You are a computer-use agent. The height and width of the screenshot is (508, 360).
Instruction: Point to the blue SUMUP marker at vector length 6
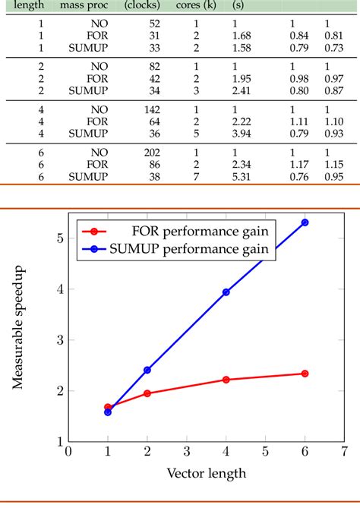[305, 222]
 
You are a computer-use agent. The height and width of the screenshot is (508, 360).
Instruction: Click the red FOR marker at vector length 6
[305, 374]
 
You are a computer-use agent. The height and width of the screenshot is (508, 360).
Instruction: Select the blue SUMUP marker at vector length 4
[226, 292]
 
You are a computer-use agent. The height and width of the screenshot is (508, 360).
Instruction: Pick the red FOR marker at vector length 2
[147, 393]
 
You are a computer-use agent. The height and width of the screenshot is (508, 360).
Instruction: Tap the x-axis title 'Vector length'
[206, 475]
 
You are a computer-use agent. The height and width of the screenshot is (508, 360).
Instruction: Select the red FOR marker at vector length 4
[226, 380]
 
